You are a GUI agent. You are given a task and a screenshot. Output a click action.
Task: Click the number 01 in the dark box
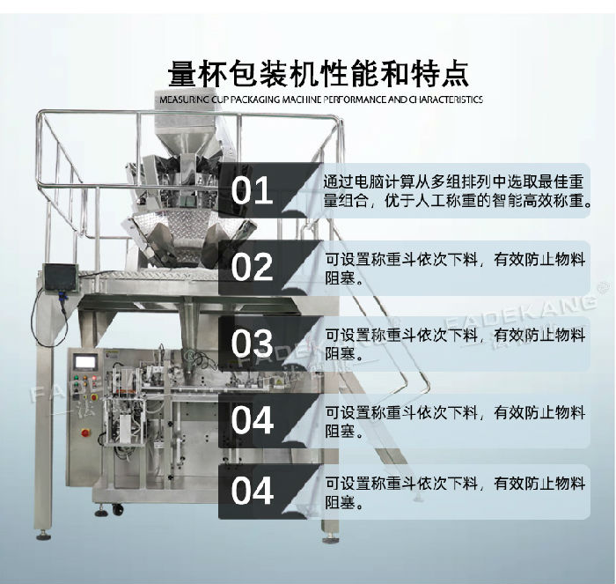click(x=253, y=189)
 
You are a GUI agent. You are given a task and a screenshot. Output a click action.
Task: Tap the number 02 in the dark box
click(x=253, y=266)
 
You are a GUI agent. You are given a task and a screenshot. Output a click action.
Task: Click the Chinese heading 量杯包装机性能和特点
click(x=318, y=70)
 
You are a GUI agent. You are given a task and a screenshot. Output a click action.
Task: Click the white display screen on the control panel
click(x=85, y=359)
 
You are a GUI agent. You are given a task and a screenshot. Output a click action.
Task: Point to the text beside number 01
click(x=456, y=189)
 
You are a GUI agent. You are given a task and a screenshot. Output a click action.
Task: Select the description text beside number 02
click(x=455, y=266)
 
